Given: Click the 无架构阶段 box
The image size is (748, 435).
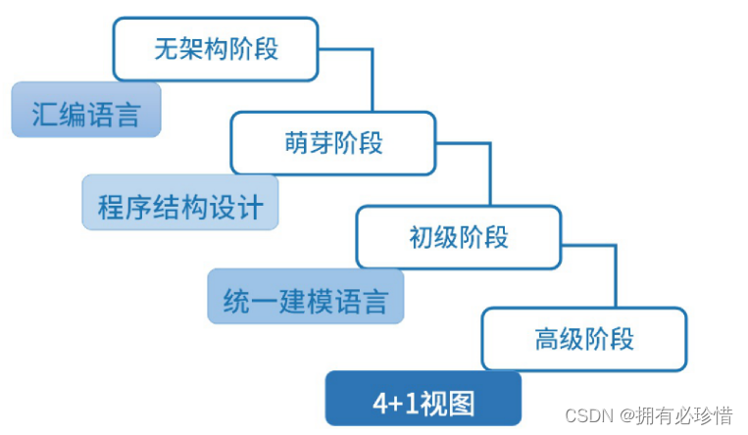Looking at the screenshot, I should [216, 49].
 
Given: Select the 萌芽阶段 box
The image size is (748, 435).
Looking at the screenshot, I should [333, 143].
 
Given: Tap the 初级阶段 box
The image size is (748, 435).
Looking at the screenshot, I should [458, 236].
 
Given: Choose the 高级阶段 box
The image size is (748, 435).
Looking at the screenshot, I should [583, 339].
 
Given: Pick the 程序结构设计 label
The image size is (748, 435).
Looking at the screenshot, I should [179, 207].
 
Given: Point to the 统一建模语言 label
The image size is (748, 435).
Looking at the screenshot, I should [305, 298].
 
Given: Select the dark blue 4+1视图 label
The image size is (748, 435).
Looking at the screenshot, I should [423, 402].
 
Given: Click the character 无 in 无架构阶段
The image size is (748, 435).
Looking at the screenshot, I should [166, 49].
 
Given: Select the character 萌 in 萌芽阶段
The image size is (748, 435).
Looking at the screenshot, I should [296, 143].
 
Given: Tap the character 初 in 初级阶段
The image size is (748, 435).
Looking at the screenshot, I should [421, 236].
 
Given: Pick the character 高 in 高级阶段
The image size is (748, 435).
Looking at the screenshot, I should [546, 339].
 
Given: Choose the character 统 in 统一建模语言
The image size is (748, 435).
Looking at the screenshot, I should [235, 298].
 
